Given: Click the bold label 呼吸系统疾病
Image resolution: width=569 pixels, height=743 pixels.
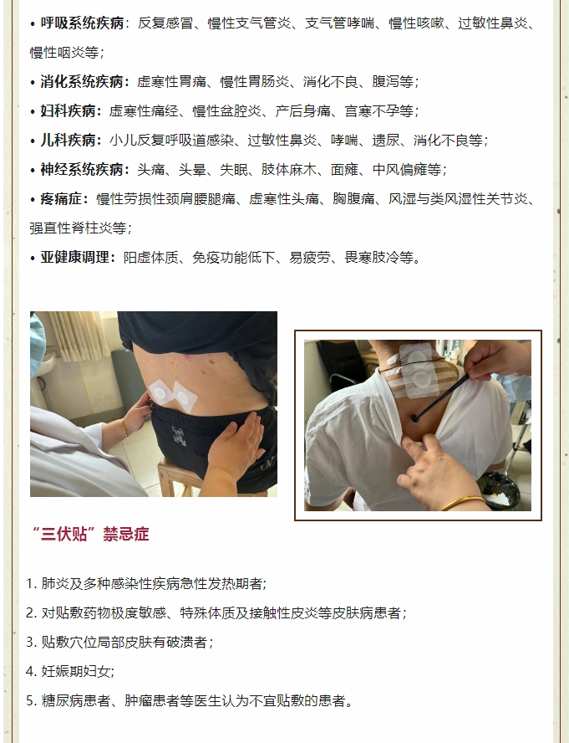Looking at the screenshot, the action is [x=82, y=23].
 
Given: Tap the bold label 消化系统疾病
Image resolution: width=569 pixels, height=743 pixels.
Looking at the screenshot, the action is [x=82, y=81].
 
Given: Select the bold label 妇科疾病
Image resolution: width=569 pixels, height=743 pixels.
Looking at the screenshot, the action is [x=69, y=111].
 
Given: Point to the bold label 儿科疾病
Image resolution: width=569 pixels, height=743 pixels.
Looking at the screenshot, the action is [x=69, y=141].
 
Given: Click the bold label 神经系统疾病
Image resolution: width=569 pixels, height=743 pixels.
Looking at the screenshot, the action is [x=82, y=170].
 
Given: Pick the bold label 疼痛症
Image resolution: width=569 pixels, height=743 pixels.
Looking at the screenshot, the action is [x=61, y=199].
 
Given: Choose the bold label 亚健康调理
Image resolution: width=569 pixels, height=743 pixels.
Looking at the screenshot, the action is [x=75, y=258].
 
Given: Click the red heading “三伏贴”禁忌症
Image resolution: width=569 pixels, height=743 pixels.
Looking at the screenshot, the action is [x=90, y=534].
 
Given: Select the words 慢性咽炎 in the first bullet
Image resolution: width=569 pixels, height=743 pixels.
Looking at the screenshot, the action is [x=58, y=53].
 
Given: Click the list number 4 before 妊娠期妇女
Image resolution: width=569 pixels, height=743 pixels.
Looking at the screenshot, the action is [x=30, y=671].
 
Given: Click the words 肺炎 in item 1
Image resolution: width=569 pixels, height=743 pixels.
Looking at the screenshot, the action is [x=55, y=584].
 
